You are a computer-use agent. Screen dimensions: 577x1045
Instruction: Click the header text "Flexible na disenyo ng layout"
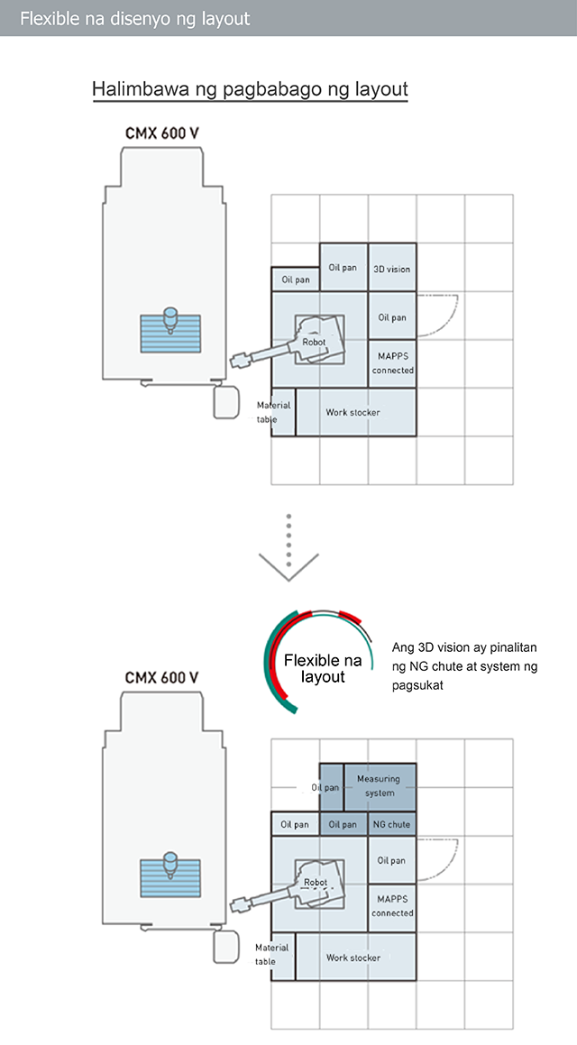pos(135,18)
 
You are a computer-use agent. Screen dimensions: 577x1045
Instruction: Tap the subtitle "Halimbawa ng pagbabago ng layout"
pos(250,88)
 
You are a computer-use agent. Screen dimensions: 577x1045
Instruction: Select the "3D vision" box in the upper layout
pos(392,267)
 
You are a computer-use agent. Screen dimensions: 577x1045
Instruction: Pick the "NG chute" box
pos(392,824)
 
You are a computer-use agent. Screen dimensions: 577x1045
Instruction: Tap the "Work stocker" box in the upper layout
pos(356,413)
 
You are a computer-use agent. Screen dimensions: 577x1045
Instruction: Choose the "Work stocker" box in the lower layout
pos(356,957)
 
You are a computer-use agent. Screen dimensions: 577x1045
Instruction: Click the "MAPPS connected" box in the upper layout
pos(392,364)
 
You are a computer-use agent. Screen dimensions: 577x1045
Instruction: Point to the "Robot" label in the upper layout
pos(314,342)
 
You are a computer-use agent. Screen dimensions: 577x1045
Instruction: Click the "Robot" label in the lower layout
pos(316,883)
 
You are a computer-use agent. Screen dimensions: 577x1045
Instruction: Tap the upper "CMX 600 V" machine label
pos(162,133)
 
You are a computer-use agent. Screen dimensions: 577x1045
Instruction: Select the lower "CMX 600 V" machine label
pos(162,678)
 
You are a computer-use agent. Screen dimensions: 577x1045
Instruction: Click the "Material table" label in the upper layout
pos(274,413)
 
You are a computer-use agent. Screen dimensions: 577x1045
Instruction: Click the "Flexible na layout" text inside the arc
pos(323,669)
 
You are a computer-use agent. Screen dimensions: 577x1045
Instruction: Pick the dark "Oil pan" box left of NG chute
pos(343,824)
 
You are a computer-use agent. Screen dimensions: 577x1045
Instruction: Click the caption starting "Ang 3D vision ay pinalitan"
pos(465,665)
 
